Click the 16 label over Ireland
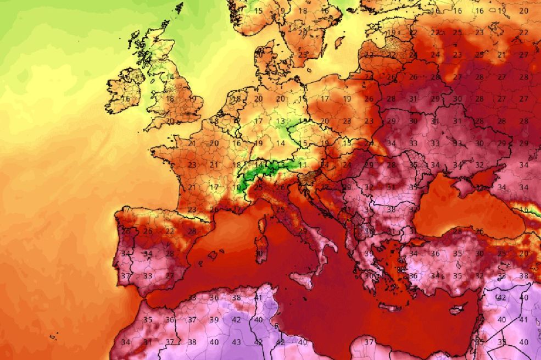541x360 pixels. [x=126, y=99]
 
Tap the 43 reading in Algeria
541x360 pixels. [x=236, y=342]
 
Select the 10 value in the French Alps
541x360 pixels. [x=236, y=187]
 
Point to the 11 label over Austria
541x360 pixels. [x=302, y=164]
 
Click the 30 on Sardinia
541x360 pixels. [x=258, y=253]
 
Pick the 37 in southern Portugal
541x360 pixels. [x=126, y=275]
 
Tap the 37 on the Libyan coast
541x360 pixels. [x=369, y=342]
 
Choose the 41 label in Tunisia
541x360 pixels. [x=258, y=297]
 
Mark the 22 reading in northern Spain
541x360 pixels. [x=170, y=231]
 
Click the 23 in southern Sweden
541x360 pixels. [x=303, y=55]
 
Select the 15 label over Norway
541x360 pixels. [x=258, y=10]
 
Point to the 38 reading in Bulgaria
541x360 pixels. [x=391, y=209]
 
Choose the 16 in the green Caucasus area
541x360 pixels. [x=524, y=209]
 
